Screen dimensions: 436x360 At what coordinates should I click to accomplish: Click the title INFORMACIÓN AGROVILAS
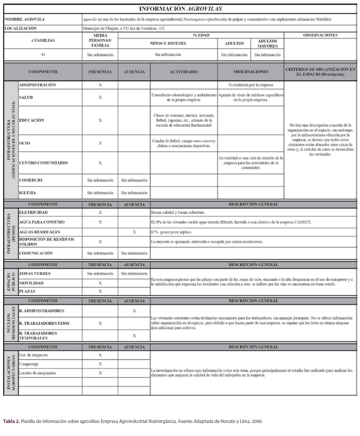[180, 9]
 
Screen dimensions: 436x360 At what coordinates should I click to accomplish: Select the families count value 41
[43, 55]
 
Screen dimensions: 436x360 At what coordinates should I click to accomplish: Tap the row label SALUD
[26, 97]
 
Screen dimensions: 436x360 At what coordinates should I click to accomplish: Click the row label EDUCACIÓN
[31, 120]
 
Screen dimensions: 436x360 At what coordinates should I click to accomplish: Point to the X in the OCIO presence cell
[100, 144]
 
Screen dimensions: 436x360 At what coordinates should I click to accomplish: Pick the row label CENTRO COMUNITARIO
[44, 163]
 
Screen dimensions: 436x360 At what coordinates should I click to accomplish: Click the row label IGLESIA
[28, 193]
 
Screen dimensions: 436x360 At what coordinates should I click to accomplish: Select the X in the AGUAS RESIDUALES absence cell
[134, 232]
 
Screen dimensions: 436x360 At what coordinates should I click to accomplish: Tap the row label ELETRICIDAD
[33, 212]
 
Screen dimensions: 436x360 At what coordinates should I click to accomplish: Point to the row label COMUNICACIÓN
[36, 254]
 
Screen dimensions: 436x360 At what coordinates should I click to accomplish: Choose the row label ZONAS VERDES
[35, 273]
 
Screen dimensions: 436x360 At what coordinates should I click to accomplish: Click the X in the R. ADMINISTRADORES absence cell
[134, 311]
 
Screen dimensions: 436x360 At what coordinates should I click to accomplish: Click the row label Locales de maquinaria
[38, 373]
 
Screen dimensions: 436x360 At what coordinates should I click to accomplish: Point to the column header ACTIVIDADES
[184, 72]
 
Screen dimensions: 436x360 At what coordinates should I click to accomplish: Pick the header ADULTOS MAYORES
[268, 44]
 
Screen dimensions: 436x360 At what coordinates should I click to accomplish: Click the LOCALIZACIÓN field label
[21, 28]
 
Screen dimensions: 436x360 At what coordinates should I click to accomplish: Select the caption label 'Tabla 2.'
[11, 422]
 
